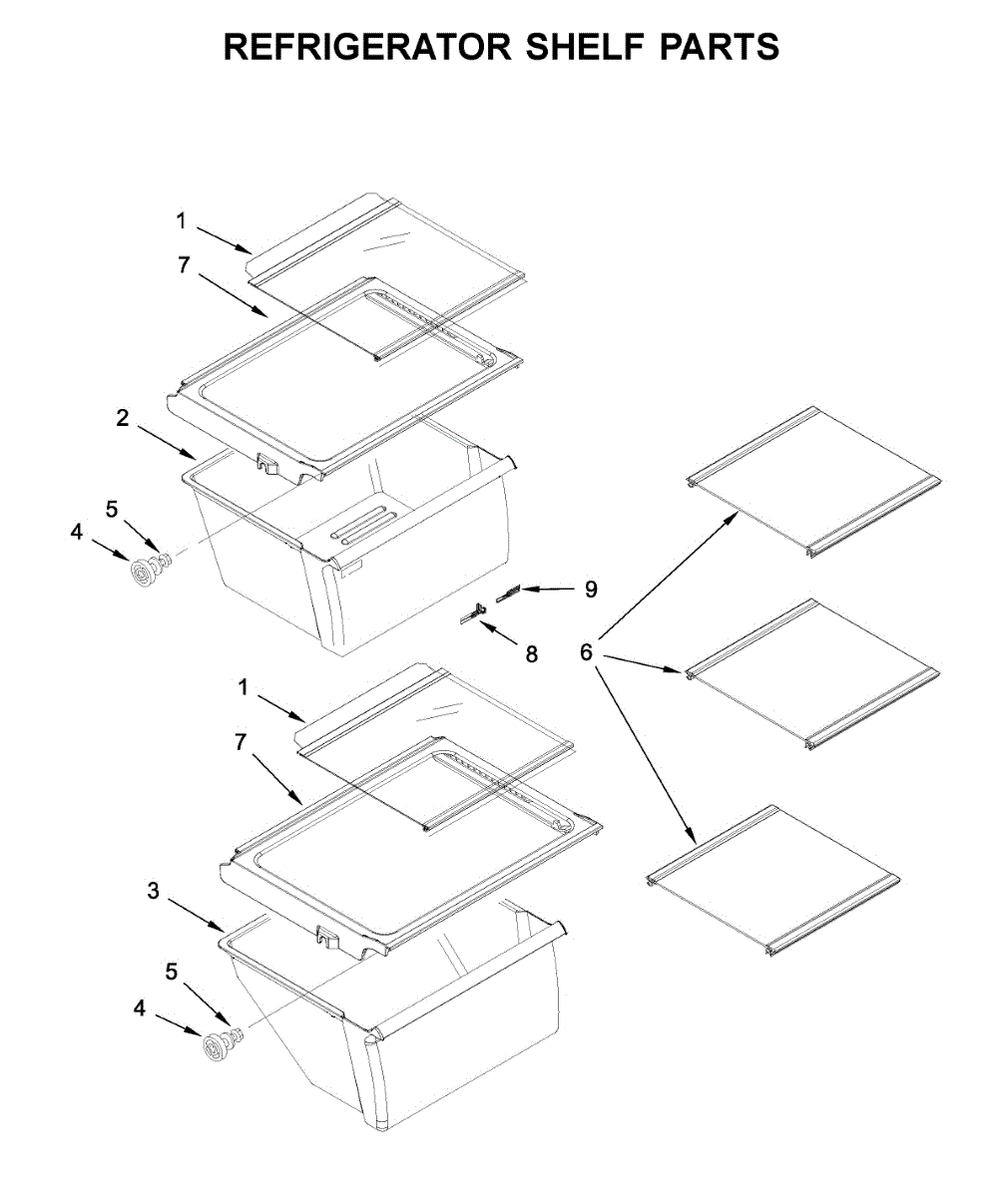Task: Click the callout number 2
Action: tap(122, 419)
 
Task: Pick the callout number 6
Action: tap(586, 652)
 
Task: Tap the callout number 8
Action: tap(531, 654)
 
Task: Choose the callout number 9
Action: tap(591, 590)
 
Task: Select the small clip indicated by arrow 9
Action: tap(508, 596)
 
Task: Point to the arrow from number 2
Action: tap(165, 442)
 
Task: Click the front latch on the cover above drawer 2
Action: tap(267, 462)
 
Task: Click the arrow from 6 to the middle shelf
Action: tap(639, 663)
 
